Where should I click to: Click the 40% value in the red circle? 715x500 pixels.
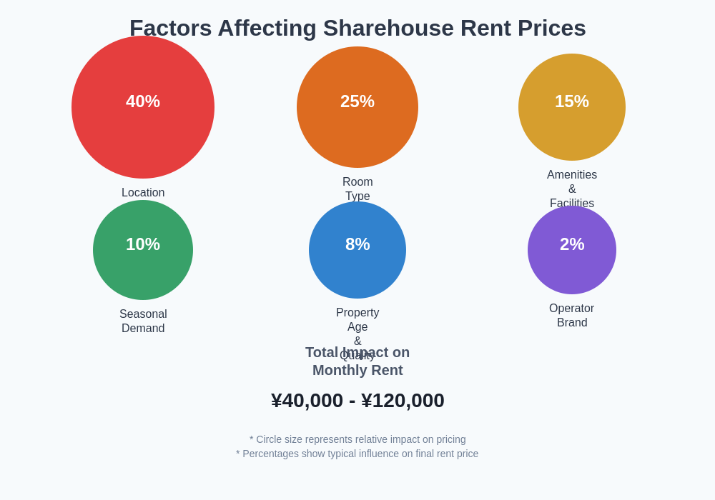tap(143, 101)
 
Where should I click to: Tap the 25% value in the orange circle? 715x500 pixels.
tap(357, 101)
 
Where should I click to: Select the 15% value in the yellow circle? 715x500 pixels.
tap(572, 101)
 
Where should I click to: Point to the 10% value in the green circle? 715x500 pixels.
tap(143, 244)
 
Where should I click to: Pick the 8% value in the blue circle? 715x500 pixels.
tap(357, 244)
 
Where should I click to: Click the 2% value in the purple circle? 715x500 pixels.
tap(572, 244)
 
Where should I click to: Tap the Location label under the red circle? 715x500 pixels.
tap(143, 193)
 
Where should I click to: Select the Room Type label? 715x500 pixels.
tap(357, 189)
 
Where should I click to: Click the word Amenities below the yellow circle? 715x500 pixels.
tap(572, 175)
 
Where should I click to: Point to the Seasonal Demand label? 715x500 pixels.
tap(143, 321)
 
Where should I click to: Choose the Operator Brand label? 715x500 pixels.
tap(572, 316)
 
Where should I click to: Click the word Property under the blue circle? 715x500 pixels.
tap(357, 313)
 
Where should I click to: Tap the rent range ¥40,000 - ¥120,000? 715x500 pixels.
tap(357, 401)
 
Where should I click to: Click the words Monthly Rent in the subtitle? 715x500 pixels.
tap(357, 371)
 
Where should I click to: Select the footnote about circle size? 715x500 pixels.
tap(357, 439)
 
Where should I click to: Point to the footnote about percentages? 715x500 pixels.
tap(357, 454)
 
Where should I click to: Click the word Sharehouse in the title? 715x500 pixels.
tap(388, 29)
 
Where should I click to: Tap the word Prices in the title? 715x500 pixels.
tap(551, 29)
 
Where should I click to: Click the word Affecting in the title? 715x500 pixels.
tap(267, 29)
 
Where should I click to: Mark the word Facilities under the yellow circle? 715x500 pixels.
tap(572, 204)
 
